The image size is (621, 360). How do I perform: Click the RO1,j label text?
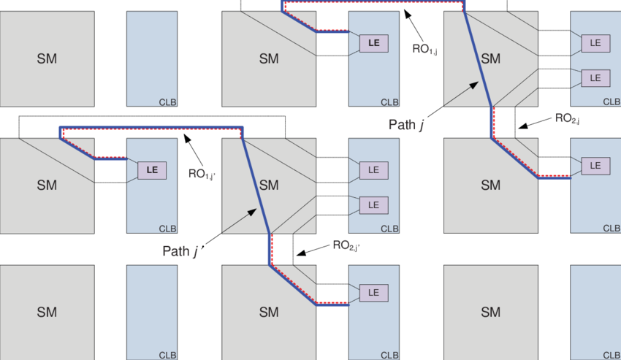click(x=424, y=49)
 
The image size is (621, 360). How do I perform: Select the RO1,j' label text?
click(x=202, y=175)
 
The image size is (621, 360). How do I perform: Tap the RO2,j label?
click(x=567, y=118)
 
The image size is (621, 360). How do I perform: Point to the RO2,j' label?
click(x=346, y=246)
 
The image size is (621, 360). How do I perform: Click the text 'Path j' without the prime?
click(x=407, y=125)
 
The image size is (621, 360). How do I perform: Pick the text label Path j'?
click(x=184, y=251)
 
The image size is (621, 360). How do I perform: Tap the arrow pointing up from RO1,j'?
click(x=194, y=150)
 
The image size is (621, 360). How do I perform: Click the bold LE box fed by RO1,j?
click(x=374, y=43)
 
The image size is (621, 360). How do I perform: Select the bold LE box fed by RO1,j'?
click(x=152, y=170)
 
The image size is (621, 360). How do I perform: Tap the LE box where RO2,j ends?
click(x=595, y=166)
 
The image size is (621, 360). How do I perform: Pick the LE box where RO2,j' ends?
click(x=374, y=293)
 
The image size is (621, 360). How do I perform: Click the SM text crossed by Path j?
click(x=491, y=58)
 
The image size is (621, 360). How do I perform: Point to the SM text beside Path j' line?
click(x=269, y=185)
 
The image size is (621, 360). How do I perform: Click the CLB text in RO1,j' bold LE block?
click(x=167, y=229)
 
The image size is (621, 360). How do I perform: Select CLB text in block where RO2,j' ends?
click(x=389, y=355)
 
